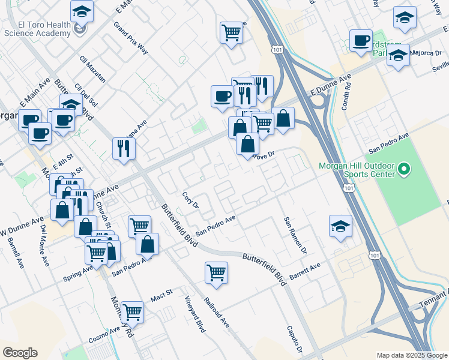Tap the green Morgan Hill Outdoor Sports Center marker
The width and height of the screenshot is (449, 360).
click(404, 170)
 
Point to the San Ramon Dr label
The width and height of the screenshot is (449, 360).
click(295, 234)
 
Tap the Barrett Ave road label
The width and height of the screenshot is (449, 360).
click(305, 271)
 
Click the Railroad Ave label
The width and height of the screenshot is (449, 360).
click(217, 312)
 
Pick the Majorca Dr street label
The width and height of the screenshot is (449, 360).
click(426, 53)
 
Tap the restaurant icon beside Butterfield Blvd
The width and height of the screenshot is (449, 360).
click(123, 149)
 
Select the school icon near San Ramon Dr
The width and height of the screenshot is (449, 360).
click(340, 226)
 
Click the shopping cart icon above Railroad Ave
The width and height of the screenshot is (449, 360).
click(216, 272)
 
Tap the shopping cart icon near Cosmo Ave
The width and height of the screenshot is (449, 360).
click(132, 311)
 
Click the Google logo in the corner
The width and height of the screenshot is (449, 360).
click(20, 353)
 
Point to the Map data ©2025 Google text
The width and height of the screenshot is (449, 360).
click(412, 355)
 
